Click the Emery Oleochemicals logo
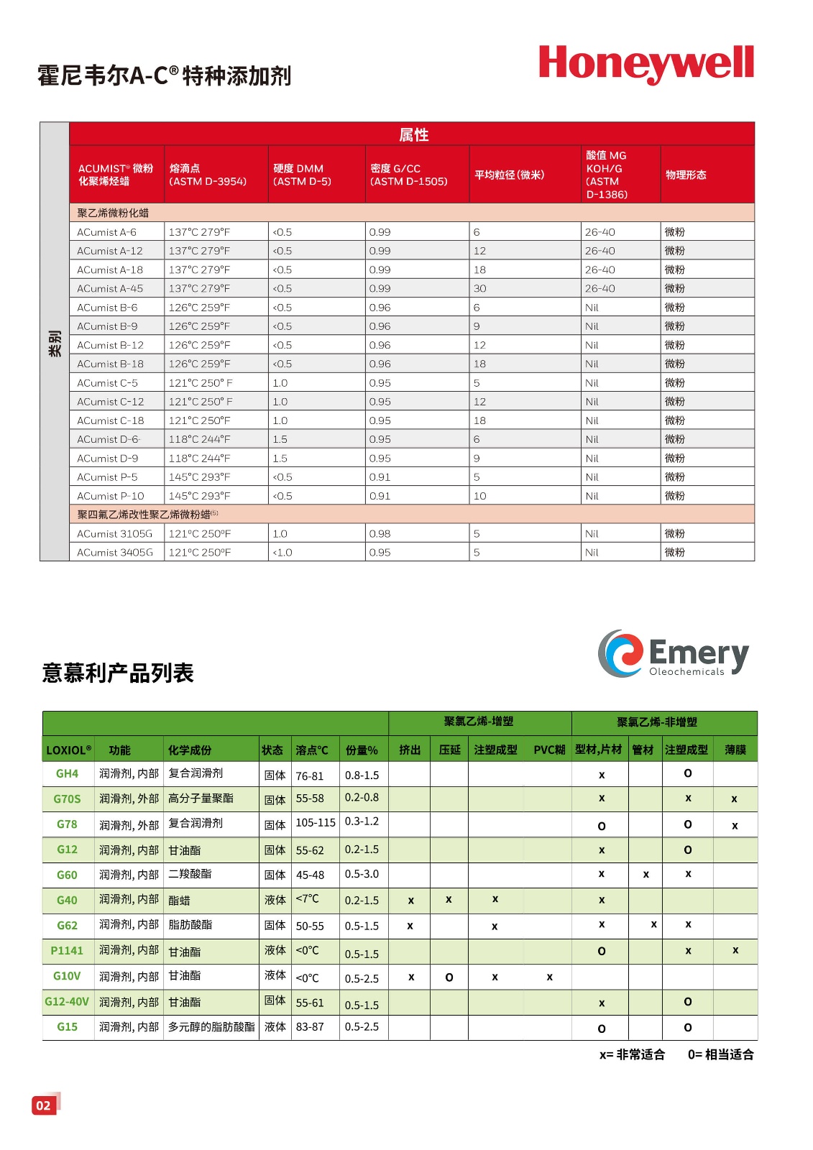tap(673, 653)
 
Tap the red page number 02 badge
tap(44, 1105)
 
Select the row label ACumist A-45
tap(110, 288)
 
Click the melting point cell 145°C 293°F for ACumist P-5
tap(200, 477)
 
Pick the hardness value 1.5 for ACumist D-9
tap(280, 458)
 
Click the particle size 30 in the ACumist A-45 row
tap(479, 288)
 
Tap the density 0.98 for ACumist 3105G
tap(380, 533)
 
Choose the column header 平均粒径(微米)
tap(510, 175)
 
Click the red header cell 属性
tap(413, 134)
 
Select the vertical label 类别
tap(55, 343)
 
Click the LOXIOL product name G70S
tap(67, 799)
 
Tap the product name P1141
tap(67, 950)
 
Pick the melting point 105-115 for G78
tap(316, 822)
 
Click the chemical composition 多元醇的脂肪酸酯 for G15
tap(211, 1026)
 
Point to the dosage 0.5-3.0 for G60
tap(362, 874)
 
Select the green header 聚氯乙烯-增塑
tap(479, 722)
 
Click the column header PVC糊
tap(549, 750)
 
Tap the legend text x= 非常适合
tap(632, 1054)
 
